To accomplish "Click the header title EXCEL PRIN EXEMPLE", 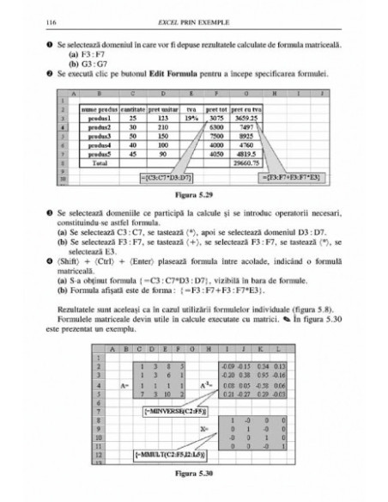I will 193,18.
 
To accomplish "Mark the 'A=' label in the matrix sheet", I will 126,362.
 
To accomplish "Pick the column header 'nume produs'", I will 98,109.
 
